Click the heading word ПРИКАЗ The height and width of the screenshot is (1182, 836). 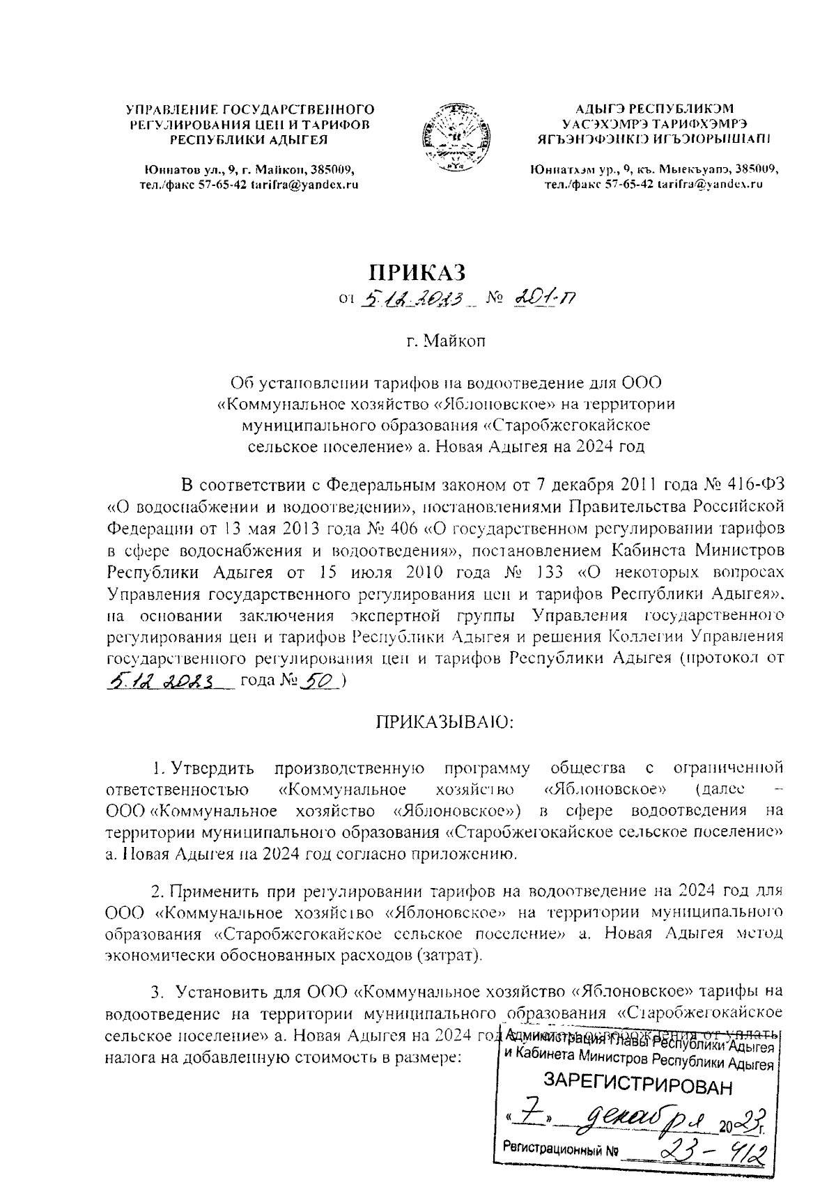(417, 271)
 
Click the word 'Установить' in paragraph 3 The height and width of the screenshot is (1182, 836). (222, 990)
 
